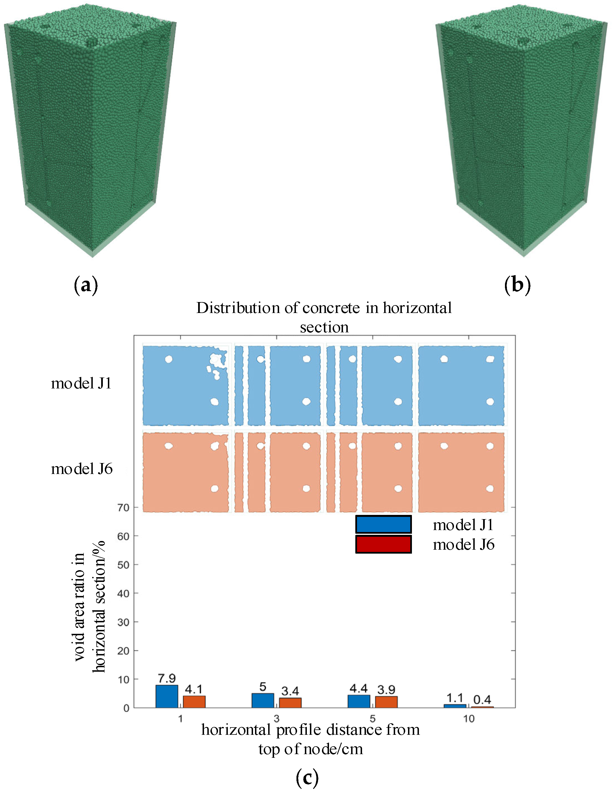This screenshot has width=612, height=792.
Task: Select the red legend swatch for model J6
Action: click(383, 544)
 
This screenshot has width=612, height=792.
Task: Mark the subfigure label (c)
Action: click(307, 777)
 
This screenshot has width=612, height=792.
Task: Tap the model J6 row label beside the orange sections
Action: click(82, 469)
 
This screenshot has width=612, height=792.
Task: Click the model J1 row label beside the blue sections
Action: click(81, 383)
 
